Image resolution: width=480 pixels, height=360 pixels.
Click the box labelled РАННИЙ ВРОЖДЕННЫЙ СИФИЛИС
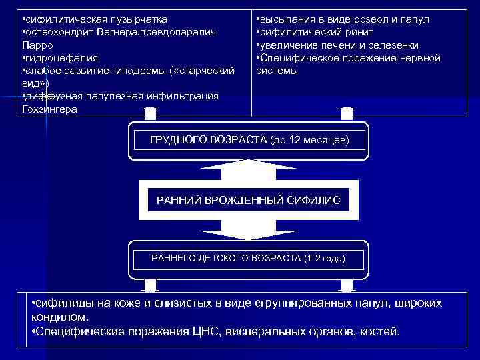click(x=248, y=199)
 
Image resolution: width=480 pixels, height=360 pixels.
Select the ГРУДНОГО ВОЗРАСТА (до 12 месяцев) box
click(x=248, y=141)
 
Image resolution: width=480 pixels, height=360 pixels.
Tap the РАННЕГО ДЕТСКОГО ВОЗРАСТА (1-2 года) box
click(x=248, y=258)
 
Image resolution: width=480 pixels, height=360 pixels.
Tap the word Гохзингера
click(x=49, y=109)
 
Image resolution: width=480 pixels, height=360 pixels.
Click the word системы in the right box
click(x=277, y=70)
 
